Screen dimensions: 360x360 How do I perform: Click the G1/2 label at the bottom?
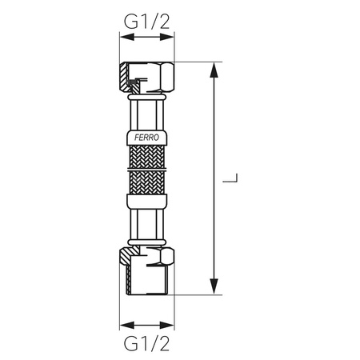tap(146, 345)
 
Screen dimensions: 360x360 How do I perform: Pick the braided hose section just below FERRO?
tap(146, 157)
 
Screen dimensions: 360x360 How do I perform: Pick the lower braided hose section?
tap(146, 184)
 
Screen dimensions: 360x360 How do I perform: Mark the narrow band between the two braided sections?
tap(146, 170)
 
